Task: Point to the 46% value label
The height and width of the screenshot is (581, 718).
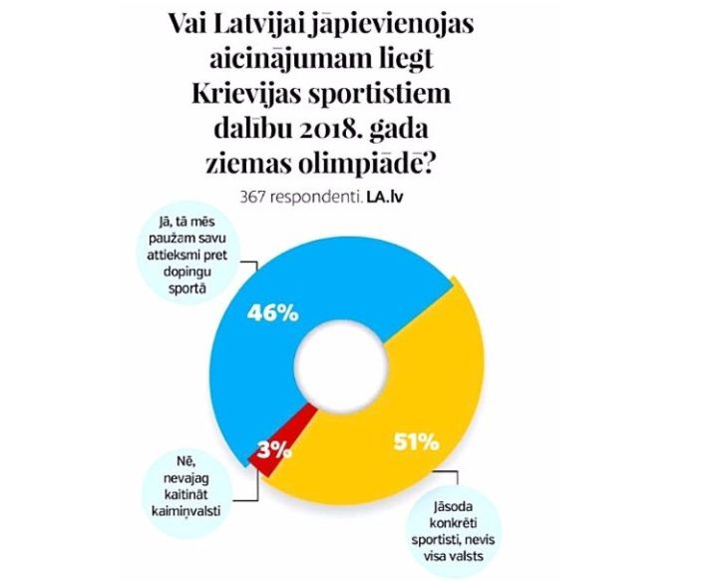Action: click(272, 313)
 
